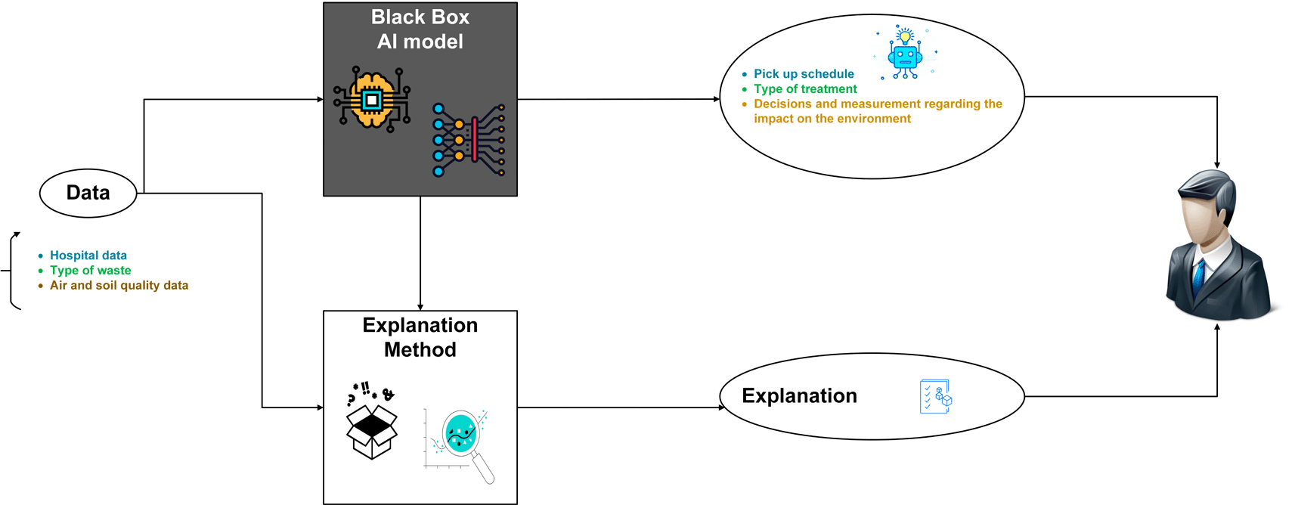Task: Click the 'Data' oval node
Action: pyautogui.click(x=88, y=193)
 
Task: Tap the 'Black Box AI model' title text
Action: pyautogui.click(x=420, y=29)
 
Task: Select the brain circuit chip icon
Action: pyautogui.click(x=371, y=99)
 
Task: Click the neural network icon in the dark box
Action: pyautogui.click(x=469, y=140)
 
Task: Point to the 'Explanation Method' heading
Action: pyautogui.click(x=420, y=337)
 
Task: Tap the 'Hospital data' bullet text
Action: pyautogui.click(x=88, y=256)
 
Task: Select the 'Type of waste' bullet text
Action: pyautogui.click(x=91, y=271)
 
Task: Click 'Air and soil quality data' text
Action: pyautogui.click(x=119, y=286)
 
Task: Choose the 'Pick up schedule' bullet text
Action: pyautogui.click(x=804, y=74)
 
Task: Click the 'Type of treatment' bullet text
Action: pyautogui.click(x=805, y=89)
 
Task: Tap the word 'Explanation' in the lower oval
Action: pyautogui.click(x=799, y=396)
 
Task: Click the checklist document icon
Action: pyautogui.click(x=935, y=396)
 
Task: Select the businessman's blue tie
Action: pyautogui.click(x=1199, y=277)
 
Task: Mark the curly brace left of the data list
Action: pyautogui.click(x=13, y=271)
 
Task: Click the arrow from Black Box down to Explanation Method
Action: pyautogui.click(x=420, y=253)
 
